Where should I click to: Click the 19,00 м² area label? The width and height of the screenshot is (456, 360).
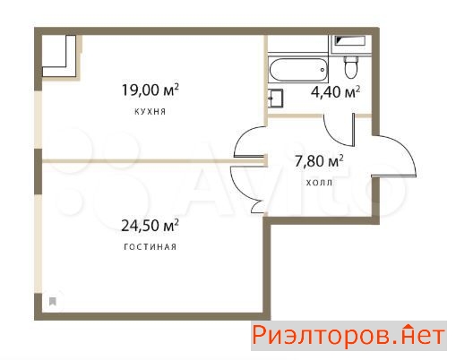pyautogui.click(x=151, y=90)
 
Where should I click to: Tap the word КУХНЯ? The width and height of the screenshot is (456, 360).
pyautogui.click(x=151, y=112)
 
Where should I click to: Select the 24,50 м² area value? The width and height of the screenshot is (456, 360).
pyautogui.click(x=150, y=226)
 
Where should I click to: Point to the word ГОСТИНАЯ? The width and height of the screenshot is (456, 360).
pyautogui.click(x=150, y=247)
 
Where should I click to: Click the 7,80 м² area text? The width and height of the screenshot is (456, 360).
pyautogui.click(x=319, y=161)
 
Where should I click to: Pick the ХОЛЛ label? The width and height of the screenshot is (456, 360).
pyautogui.click(x=319, y=183)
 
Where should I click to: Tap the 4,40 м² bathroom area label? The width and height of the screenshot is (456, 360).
pyautogui.click(x=335, y=92)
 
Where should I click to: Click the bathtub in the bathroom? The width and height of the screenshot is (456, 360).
pyautogui.click(x=298, y=70)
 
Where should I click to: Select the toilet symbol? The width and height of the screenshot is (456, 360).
pyautogui.click(x=350, y=67)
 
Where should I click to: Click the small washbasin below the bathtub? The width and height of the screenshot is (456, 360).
pyautogui.click(x=275, y=99)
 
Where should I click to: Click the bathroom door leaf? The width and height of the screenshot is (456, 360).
pyautogui.click(x=354, y=130)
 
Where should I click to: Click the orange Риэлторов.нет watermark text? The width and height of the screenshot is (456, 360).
pyautogui.click(x=348, y=336)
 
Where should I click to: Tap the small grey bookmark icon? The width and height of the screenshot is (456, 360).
pyautogui.click(x=53, y=302)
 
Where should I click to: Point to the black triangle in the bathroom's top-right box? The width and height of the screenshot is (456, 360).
pyautogui.click(x=340, y=39)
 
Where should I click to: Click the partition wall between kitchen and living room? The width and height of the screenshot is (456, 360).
pyautogui.click(x=154, y=161)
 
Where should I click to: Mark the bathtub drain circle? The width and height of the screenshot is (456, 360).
pyautogui.click(x=323, y=70)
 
